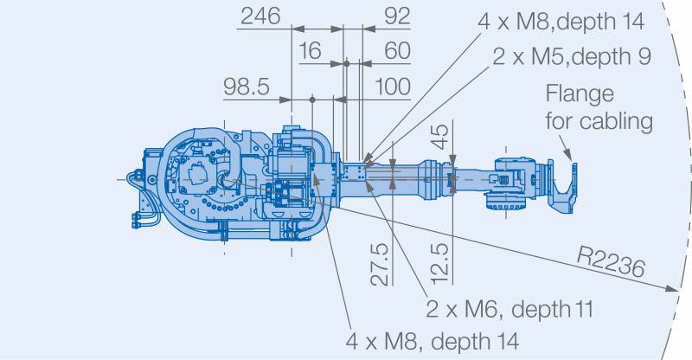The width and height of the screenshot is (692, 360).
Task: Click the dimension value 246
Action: click(260, 16)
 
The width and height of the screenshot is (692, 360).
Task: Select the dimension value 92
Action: click(397, 16)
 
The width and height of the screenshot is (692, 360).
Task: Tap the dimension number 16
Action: click(311, 51)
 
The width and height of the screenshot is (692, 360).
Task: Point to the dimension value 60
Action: click(397, 51)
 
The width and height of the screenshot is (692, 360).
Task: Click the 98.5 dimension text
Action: click(247, 87)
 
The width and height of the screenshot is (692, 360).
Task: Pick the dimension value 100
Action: click(393, 87)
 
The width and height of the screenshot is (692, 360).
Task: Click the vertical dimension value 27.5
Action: click(380, 264)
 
